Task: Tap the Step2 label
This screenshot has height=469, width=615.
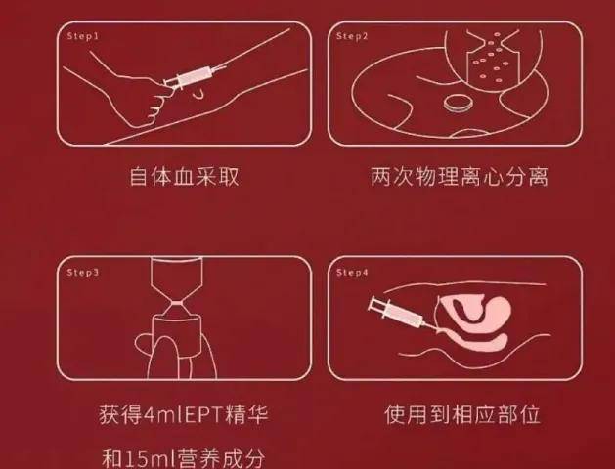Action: (x=353, y=35)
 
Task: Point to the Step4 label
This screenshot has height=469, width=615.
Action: (x=353, y=273)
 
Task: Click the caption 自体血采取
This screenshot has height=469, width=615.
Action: (x=185, y=177)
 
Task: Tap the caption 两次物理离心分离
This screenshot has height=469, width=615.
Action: (x=459, y=177)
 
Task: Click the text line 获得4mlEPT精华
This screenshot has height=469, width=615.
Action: (x=185, y=415)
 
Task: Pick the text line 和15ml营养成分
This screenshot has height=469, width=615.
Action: (x=185, y=456)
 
